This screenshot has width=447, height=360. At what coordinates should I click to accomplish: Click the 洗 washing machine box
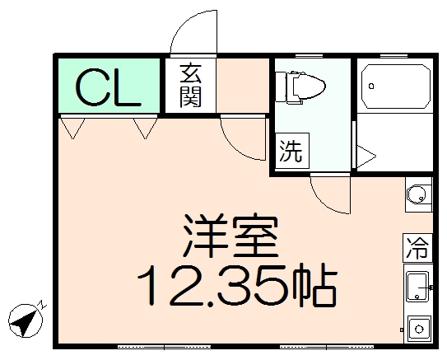pyautogui.click(x=290, y=152)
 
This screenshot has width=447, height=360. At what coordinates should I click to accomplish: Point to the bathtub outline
pyautogui.click(x=398, y=85)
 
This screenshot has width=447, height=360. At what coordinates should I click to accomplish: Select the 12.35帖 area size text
pyautogui.click(x=235, y=285)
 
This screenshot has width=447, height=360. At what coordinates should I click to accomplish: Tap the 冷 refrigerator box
pyautogui.click(x=417, y=247)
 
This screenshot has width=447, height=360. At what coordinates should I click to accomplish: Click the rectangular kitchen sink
pyautogui.click(x=417, y=284)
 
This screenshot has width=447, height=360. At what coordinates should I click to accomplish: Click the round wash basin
pyautogui.click(x=417, y=195)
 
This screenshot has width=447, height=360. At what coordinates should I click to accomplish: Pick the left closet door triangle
pyautogui.click(x=73, y=127)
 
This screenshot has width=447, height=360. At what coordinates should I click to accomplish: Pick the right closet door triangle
pyautogui.click(x=146, y=127)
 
